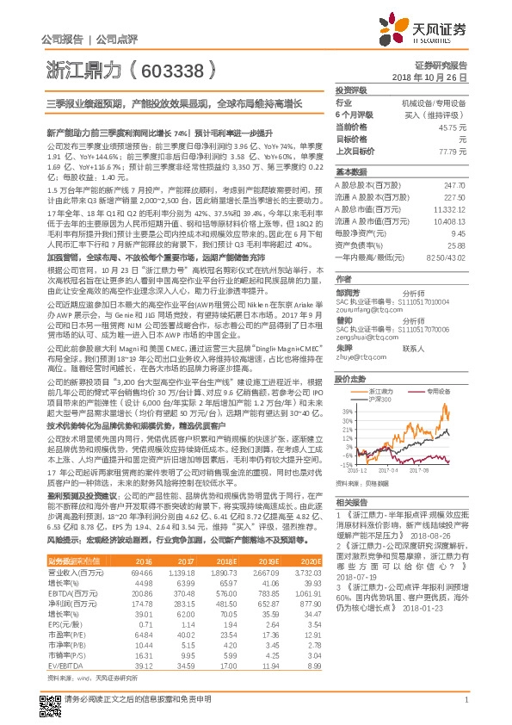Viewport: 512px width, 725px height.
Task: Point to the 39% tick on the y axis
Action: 346,412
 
